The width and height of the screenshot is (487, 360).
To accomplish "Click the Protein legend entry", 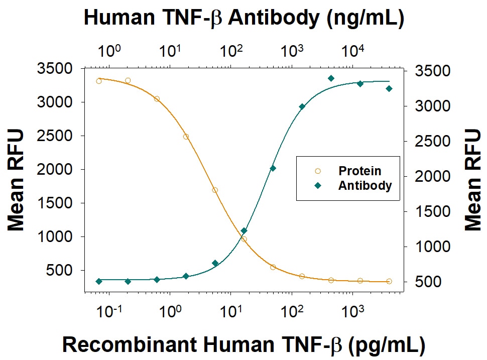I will [x=359, y=171].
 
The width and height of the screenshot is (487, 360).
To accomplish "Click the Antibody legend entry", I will [x=364, y=185].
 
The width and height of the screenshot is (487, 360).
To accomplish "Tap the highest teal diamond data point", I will [x=331, y=78].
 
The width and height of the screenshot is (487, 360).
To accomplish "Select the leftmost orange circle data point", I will [x=99, y=81].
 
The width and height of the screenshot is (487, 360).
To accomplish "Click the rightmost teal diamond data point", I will [x=389, y=89].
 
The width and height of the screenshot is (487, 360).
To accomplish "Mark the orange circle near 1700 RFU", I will [x=215, y=190].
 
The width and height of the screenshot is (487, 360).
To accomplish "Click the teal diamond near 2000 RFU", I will [x=273, y=168].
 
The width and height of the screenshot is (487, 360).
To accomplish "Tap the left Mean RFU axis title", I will [x=16, y=180].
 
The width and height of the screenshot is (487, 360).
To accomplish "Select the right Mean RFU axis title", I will [x=472, y=180].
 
